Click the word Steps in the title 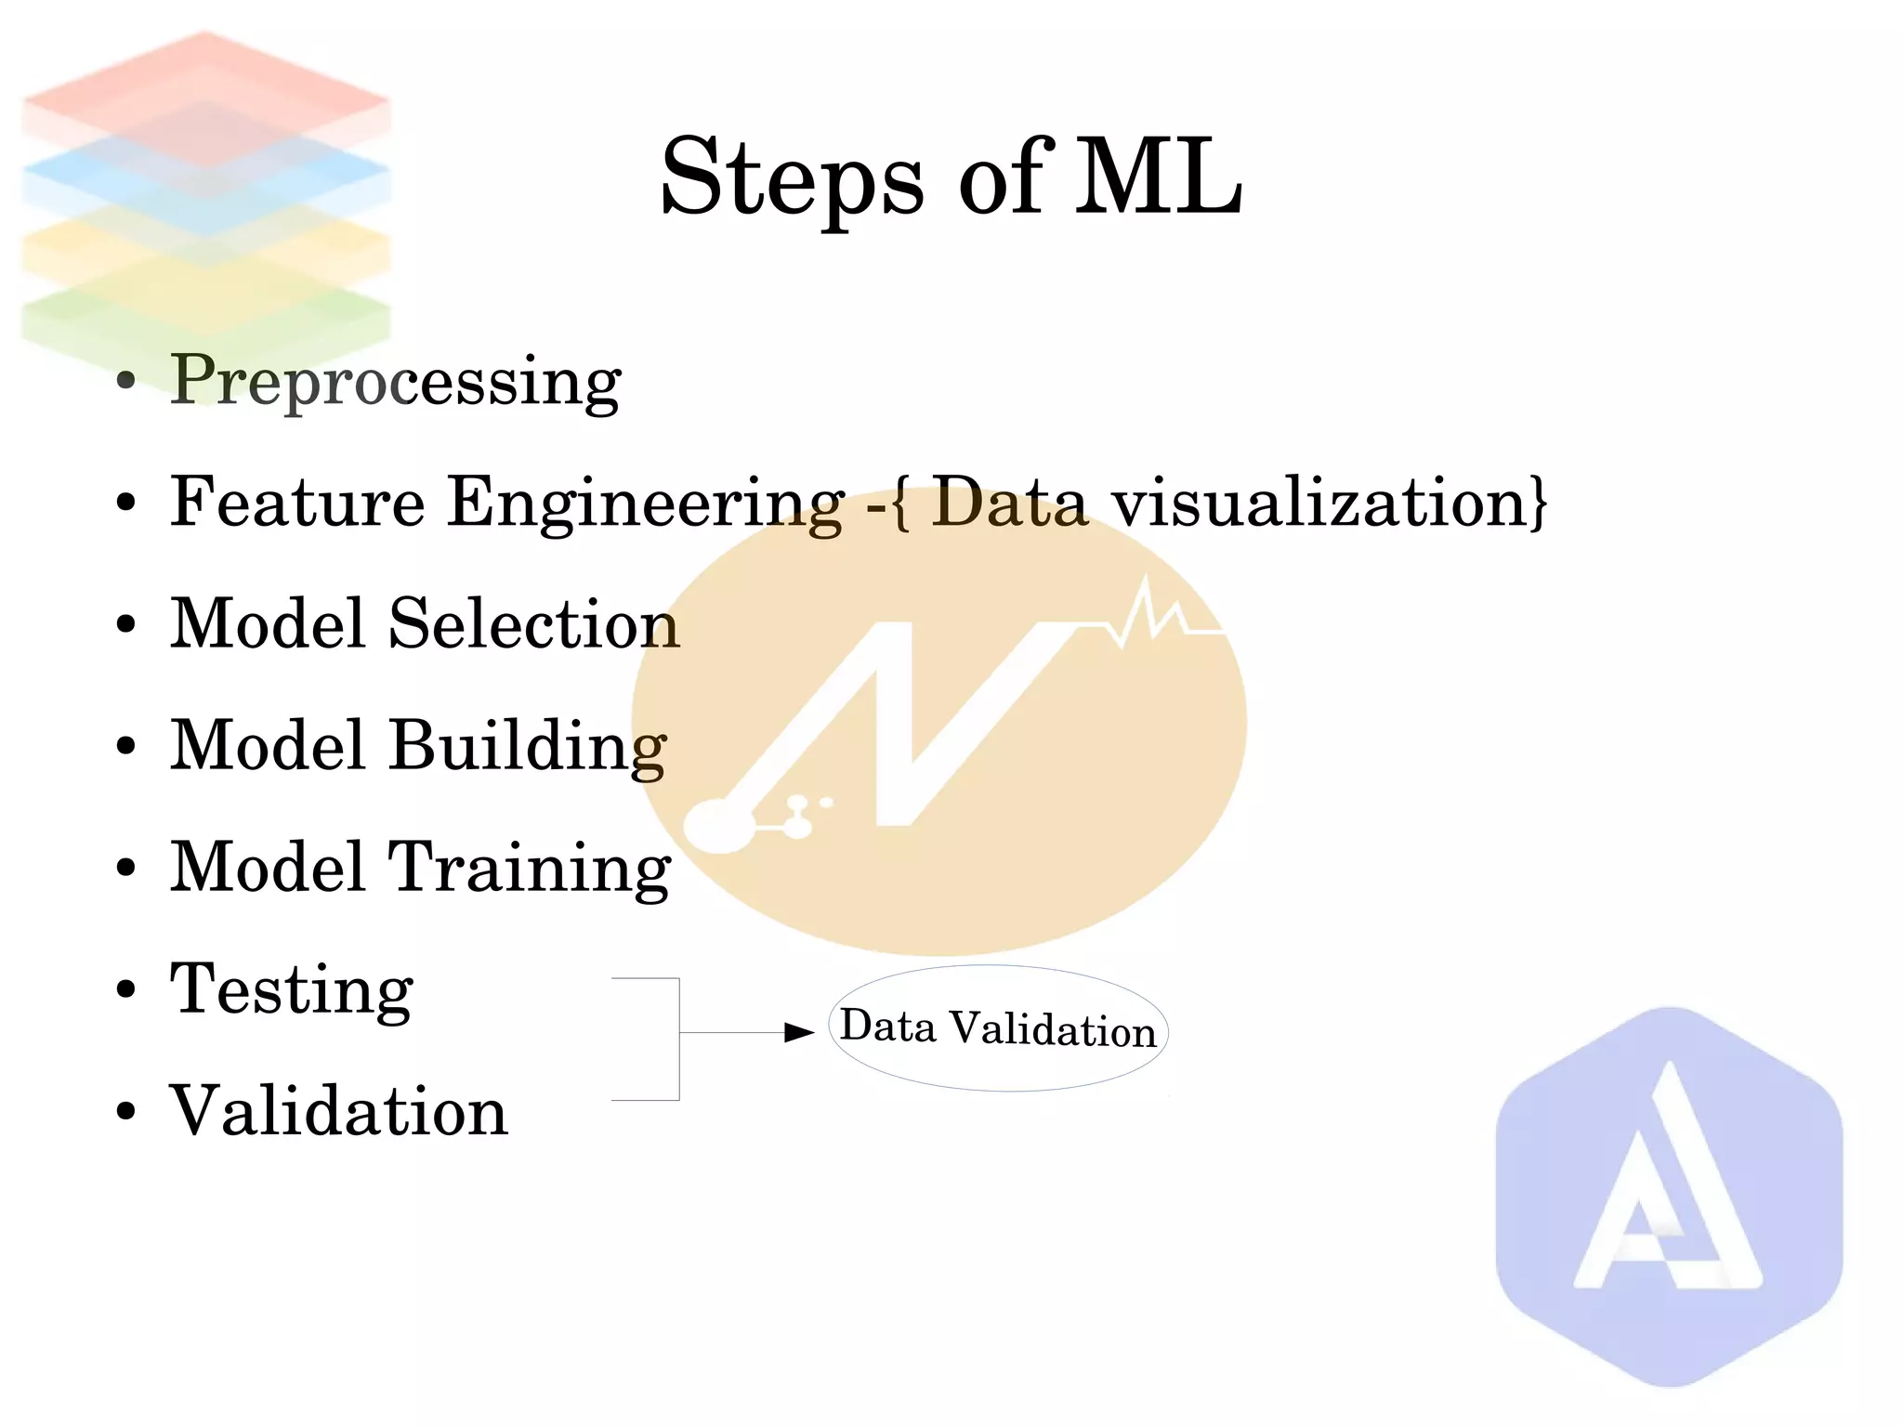coord(792,177)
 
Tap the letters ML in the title coord(1159,177)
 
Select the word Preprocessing coord(395,381)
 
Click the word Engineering coord(646,503)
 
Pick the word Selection coord(534,623)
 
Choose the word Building coord(527,745)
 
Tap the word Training coord(529,868)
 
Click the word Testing coord(291,989)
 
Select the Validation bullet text coord(338,1111)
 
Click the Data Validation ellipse coord(998,1028)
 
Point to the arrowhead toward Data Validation coord(799,1032)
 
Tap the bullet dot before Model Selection coord(126,624)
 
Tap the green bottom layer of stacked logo coord(205,321)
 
